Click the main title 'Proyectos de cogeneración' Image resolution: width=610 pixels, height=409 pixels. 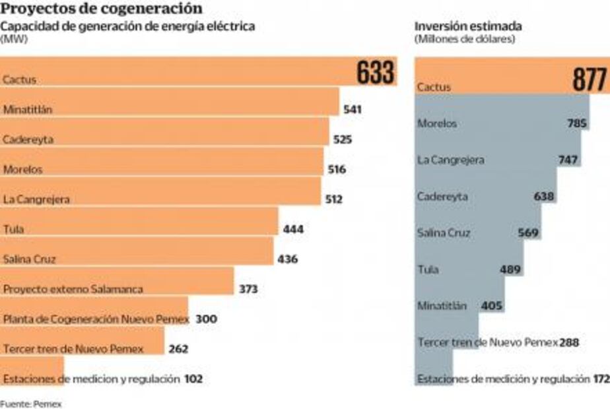point(102,9)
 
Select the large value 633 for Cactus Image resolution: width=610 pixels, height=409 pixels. point(376,73)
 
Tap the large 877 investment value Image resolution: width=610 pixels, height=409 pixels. point(589,80)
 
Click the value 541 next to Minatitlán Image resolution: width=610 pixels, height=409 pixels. point(353,110)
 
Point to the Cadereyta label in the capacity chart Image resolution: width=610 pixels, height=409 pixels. point(28,139)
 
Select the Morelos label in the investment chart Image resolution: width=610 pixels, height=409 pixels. point(437,123)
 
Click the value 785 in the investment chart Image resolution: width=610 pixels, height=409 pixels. point(577,123)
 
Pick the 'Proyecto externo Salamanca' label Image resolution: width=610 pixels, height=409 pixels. point(73,289)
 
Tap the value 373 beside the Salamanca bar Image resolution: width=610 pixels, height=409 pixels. point(248,289)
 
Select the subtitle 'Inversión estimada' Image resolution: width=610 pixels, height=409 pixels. point(468,26)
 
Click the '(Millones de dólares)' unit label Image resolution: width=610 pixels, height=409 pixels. point(465,38)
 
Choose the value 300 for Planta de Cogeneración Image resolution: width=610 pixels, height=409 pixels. point(206,319)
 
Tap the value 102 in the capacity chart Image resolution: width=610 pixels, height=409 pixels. point(193,379)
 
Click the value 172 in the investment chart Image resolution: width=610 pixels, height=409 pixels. point(601,379)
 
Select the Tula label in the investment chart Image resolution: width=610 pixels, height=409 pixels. point(428,269)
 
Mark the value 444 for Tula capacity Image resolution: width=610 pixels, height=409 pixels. point(293,229)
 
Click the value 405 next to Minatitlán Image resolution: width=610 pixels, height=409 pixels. point(492,306)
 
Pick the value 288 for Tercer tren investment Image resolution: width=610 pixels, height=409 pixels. point(568,342)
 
